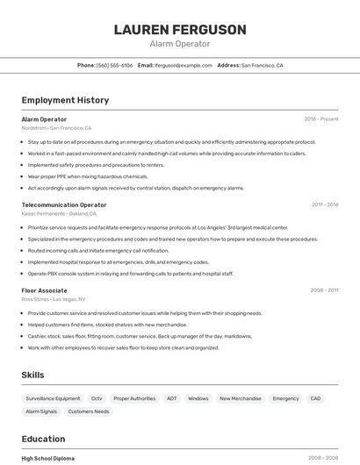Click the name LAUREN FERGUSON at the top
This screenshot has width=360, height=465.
coord(180,30)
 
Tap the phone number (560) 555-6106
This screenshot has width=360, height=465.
coord(114,65)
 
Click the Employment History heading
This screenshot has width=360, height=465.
coord(65,100)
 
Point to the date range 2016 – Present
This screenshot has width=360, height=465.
coord(321,119)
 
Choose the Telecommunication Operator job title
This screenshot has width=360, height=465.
coord(64,204)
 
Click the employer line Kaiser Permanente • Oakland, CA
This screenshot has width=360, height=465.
coord(59,213)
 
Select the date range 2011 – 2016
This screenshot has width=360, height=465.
coord(325,204)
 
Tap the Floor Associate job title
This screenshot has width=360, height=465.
coord(44,290)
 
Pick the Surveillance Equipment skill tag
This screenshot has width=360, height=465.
coord(53,398)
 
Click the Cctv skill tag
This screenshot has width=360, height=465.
coord(97,398)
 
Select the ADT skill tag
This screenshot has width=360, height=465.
coord(171,398)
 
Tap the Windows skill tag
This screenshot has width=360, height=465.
coord(198,398)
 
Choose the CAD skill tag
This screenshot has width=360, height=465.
coord(316,398)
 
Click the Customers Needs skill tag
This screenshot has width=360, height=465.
coord(89,411)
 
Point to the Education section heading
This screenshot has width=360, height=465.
coord(43,439)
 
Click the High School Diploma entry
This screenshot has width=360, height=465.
coord(48,458)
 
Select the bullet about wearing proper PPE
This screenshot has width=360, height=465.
coord(88,176)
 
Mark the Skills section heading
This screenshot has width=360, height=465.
coord(32,375)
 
